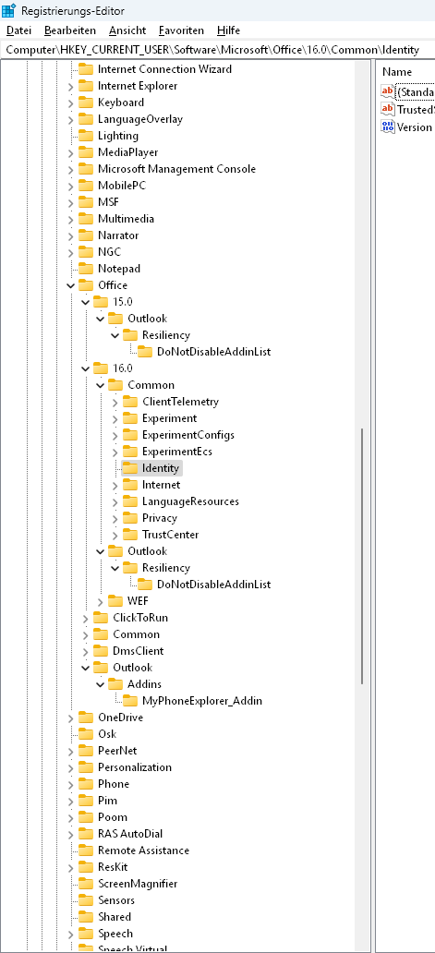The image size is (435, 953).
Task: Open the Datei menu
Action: (18, 30)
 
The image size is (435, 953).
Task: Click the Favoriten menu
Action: (181, 30)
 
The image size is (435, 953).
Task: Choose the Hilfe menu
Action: (228, 30)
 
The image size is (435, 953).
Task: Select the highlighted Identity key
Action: (161, 468)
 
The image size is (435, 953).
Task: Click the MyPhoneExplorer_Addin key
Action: (202, 701)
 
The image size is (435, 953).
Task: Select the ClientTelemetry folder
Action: (180, 402)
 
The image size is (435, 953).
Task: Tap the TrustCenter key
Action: (170, 535)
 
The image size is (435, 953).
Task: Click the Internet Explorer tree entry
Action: (138, 86)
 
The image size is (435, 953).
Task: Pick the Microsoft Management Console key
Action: (176, 169)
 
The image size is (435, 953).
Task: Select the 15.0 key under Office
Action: (123, 301)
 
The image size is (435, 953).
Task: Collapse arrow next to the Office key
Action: (70, 285)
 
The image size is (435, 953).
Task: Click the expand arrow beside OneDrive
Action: (70, 718)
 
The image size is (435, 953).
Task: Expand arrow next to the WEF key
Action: (101, 602)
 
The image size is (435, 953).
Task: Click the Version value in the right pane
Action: (415, 127)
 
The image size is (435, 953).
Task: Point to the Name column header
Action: (397, 72)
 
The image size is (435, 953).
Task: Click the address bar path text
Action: (212, 49)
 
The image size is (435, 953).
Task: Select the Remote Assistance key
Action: (143, 850)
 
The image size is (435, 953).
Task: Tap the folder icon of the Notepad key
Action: (86, 269)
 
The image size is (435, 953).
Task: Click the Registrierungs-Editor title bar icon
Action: (8, 10)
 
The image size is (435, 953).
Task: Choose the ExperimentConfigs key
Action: (188, 435)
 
